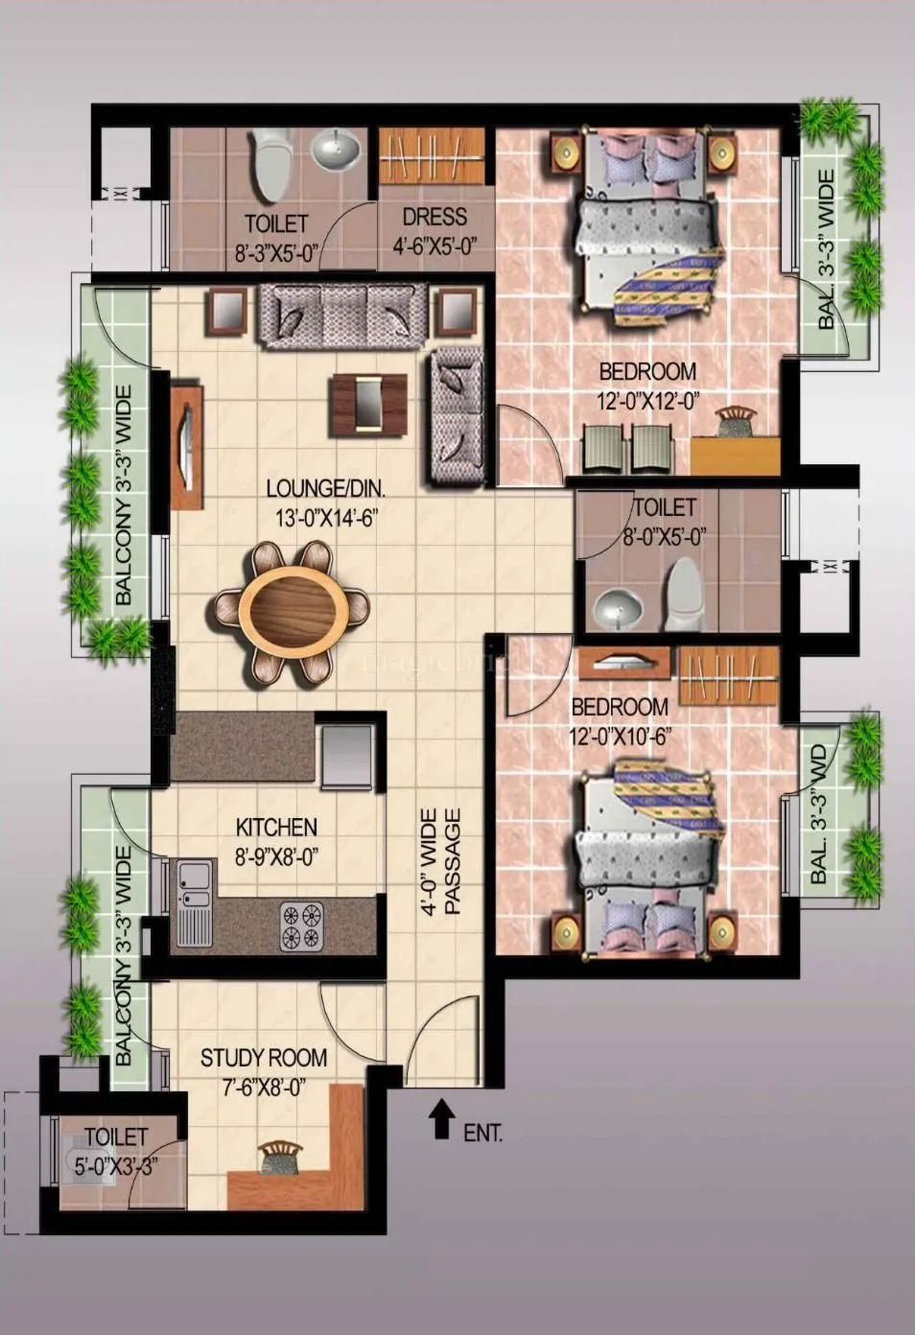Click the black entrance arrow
(441, 1119)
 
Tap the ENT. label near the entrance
(482, 1133)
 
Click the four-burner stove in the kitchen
(301, 926)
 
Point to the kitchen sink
(195, 901)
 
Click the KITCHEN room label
(276, 827)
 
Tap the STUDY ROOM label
(263, 1058)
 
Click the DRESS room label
(434, 218)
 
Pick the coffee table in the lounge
(367, 401)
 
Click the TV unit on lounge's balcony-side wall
(187, 446)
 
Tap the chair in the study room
(280, 1158)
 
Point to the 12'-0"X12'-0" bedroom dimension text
(647, 401)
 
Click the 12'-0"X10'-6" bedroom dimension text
(619, 737)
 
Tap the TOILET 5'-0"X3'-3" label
(115, 1151)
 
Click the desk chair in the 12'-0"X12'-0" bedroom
(735, 419)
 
